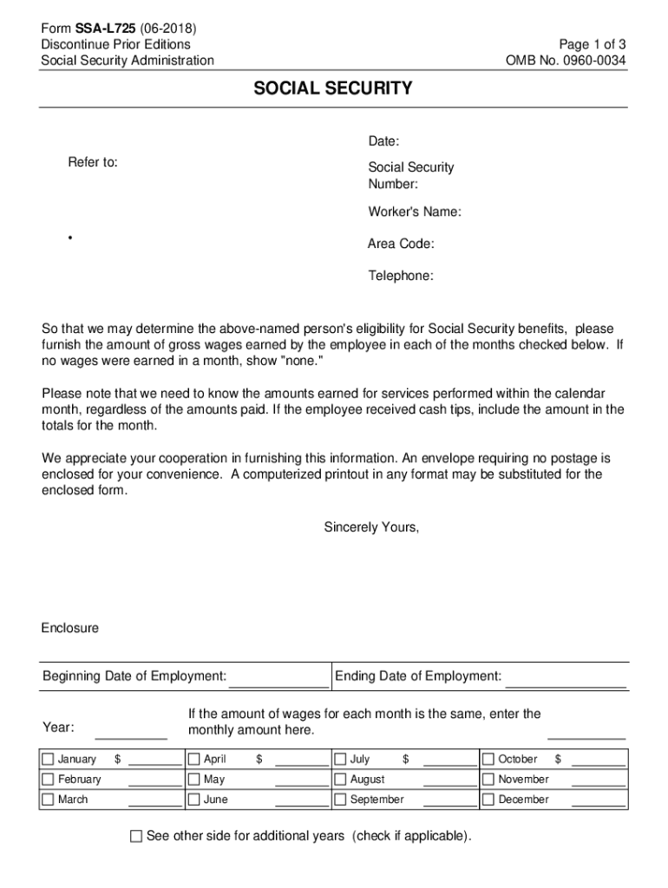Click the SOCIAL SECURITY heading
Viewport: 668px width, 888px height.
pos(333,88)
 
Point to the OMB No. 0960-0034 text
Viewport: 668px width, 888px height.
pos(566,60)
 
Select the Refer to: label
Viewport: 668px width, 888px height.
pos(94,162)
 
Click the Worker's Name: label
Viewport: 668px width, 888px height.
pos(415,212)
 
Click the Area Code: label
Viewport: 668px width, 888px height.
pos(401,244)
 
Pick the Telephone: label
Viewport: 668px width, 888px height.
pos(401,276)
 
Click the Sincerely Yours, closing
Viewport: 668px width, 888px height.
pos(371,526)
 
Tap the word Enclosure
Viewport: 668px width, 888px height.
pos(70,627)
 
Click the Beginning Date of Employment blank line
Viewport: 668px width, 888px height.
pos(278,684)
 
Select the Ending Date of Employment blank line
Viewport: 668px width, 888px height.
pos(566,684)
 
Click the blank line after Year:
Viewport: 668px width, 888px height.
pos(131,735)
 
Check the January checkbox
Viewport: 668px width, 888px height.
pos(48,760)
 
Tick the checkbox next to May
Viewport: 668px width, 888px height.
pos(194,780)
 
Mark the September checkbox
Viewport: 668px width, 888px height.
pos(341,800)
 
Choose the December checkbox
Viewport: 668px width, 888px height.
pos(488,800)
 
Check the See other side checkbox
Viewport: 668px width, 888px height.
pos(135,837)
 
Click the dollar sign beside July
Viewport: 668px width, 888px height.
pos(405,759)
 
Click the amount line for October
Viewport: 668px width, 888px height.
pos(599,764)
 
